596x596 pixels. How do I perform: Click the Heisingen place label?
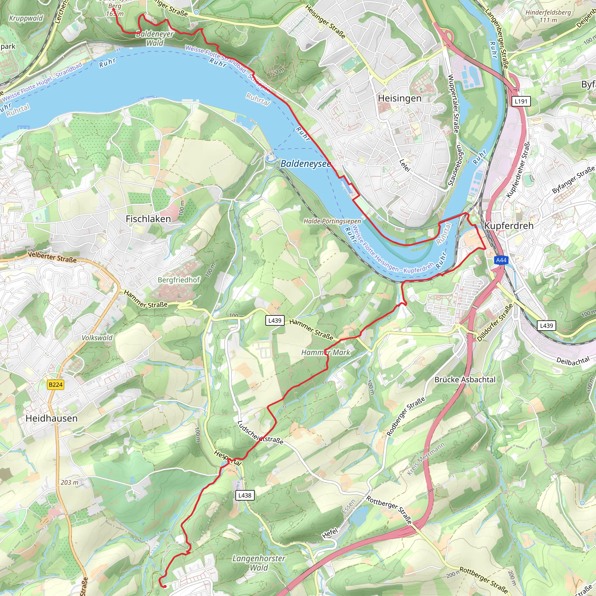(400, 98)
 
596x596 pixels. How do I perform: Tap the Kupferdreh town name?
(509, 226)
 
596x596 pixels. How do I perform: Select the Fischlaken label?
(148, 219)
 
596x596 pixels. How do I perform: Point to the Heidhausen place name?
(52, 418)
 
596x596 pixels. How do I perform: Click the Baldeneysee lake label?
(305, 164)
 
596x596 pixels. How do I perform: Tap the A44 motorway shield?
(501, 260)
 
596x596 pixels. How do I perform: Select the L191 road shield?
(521, 101)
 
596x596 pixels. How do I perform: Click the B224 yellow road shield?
(56, 385)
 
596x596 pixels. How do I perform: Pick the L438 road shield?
(245, 495)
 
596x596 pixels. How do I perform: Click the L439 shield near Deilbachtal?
(546, 325)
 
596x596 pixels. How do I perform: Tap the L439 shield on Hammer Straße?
(274, 320)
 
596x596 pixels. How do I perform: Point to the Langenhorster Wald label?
(258, 563)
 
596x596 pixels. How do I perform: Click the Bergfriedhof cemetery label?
(179, 280)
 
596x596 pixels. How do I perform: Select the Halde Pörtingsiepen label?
(332, 221)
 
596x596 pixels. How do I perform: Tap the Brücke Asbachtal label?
(465, 380)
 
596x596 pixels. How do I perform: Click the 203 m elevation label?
(70, 483)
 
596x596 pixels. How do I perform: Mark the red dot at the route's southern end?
(165, 587)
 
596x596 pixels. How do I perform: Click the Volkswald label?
(97, 338)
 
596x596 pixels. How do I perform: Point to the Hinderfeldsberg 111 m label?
(548, 16)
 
